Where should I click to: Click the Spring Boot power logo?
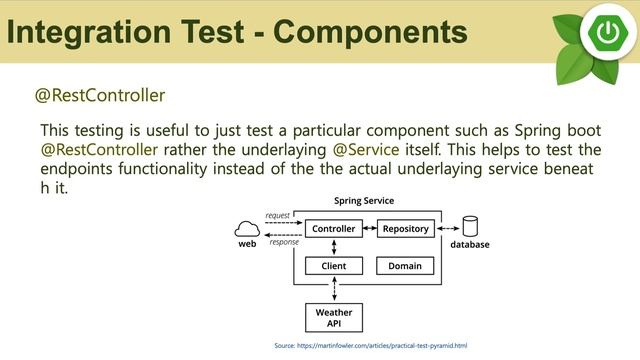[x=606, y=32]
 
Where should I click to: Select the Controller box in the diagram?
[x=333, y=229]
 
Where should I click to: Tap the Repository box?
[x=405, y=229]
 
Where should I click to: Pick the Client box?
[x=333, y=266]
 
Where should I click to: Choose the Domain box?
[x=405, y=266]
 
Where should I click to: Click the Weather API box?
[x=333, y=318]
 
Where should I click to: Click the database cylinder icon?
[x=469, y=227]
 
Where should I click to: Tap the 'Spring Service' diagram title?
[x=363, y=202]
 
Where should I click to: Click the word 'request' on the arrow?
[x=277, y=216]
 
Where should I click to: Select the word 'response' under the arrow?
[x=284, y=242]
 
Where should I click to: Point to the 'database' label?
[x=469, y=244]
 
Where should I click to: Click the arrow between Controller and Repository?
[x=369, y=229]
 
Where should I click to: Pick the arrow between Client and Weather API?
[x=333, y=290]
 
